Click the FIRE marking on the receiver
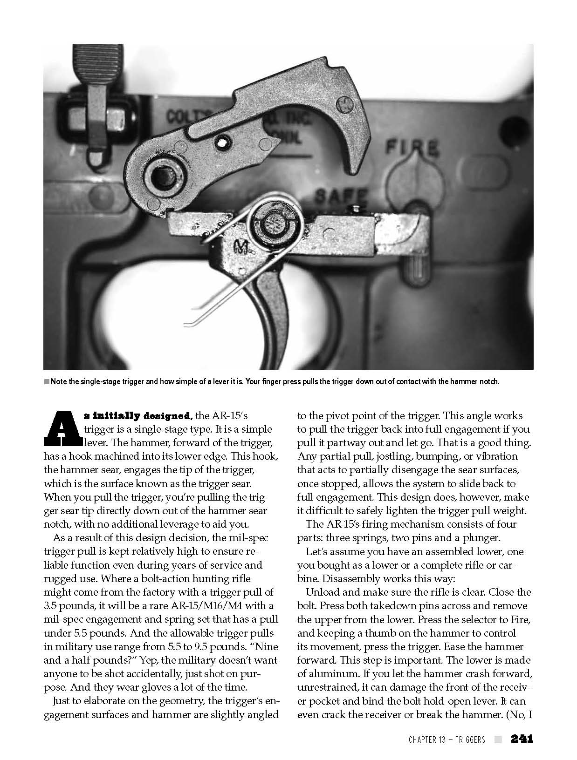coord(412,149)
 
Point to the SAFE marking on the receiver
coord(342,195)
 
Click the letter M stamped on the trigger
coord(241,246)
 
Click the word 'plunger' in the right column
coord(482,538)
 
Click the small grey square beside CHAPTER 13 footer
coord(498,740)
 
